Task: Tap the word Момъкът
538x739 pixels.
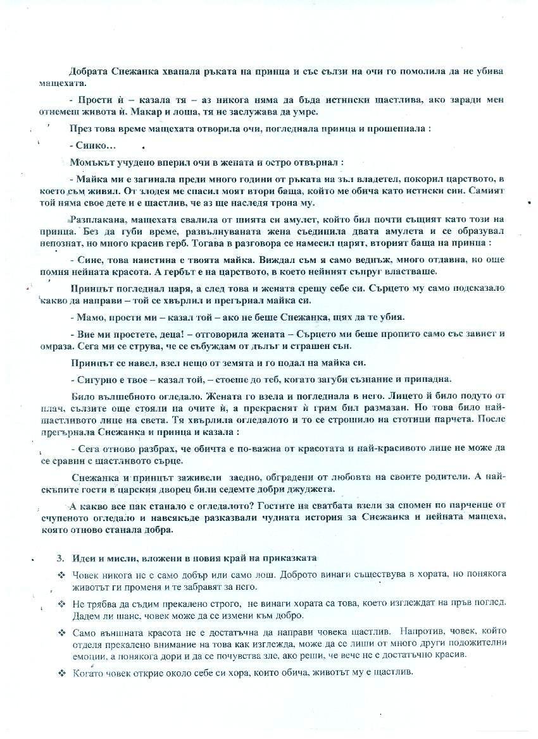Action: coord(91,162)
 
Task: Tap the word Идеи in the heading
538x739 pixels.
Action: coord(84,558)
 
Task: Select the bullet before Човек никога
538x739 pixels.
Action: coord(61,575)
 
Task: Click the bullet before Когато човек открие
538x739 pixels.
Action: coord(61,672)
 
